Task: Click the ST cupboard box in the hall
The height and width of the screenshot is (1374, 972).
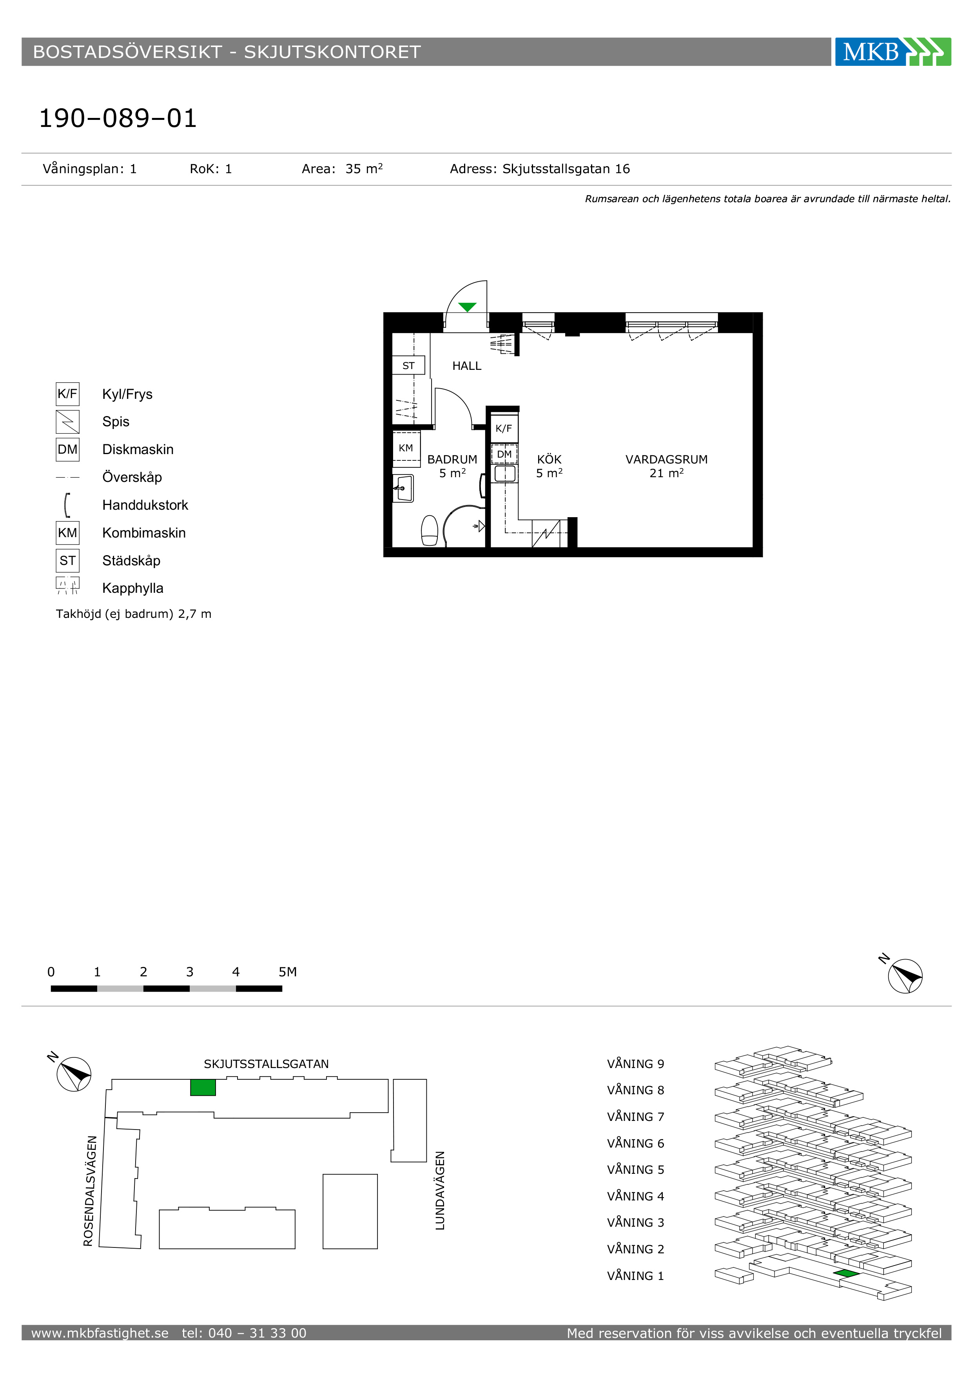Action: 408,365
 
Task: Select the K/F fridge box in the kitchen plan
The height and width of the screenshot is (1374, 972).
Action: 504,429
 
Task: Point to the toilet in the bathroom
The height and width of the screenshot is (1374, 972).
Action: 430,530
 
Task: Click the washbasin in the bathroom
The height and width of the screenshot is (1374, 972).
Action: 403,488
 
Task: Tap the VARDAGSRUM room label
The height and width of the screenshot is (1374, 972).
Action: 666,460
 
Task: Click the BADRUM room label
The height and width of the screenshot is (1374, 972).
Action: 452,460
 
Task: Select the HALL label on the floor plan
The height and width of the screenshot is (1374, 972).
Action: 467,366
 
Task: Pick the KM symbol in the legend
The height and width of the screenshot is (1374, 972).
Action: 68,532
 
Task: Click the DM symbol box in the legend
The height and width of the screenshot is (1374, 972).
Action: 68,449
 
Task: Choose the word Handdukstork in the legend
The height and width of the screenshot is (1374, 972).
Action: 145,505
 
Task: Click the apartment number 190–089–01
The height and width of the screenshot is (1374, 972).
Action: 118,118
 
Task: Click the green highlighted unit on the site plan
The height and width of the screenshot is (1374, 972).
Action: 203,1087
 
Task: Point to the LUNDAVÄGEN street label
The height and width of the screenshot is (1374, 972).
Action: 440,1190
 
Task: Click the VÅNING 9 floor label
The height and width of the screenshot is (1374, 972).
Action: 636,1064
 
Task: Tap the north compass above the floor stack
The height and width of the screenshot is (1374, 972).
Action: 905,976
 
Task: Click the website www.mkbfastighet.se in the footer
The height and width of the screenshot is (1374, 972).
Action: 100,1333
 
